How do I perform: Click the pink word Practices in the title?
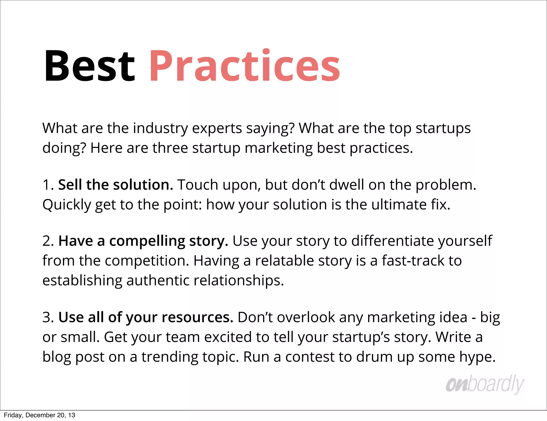(x=244, y=66)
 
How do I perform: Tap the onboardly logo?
(x=485, y=384)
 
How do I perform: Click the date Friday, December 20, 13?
(x=40, y=415)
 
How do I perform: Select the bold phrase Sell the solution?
(x=116, y=185)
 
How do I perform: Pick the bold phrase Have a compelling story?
(x=143, y=241)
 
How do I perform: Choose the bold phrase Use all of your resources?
(x=146, y=317)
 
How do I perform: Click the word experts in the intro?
(x=217, y=128)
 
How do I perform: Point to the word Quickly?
(x=67, y=205)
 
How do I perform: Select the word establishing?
(x=82, y=280)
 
